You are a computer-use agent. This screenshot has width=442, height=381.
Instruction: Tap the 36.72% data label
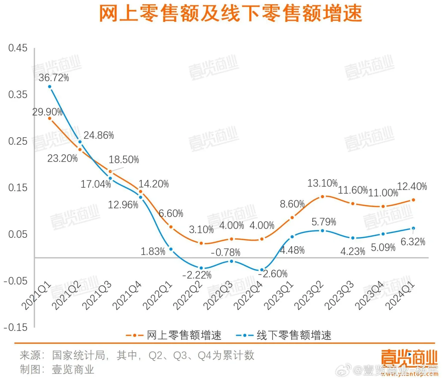pyautogui.click(x=54, y=78)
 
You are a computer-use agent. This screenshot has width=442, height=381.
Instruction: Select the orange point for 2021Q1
pyautogui.click(x=50, y=119)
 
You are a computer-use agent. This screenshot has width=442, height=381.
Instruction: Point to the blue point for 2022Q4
pyautogui.click(x=262, y=270)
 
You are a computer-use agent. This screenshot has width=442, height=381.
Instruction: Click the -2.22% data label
pyautogui.click(x=197, y=275)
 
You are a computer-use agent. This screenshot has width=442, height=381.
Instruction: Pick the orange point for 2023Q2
pyautogui.click(x=322, y=196)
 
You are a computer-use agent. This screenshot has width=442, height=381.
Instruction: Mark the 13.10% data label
pyautogui.click(x=322, y=183)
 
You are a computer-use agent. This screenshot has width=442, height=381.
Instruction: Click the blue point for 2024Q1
pyautogui.click(x=413, y=228)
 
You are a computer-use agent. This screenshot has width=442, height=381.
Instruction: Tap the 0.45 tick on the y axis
pyautogui.click(x=18, y=48)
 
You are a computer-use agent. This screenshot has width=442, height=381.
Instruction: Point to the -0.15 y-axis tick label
pyautogui.click(x=16, y=327)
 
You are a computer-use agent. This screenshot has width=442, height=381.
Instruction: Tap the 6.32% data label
pyautogui.click(x=413, y=242)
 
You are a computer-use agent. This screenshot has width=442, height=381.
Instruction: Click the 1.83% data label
pyautogui.click(x=153, y=252)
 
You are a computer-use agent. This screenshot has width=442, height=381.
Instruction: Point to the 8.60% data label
pyautogui.click(x=292, y=204)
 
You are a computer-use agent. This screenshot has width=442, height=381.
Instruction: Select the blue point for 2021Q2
pyautogui.click(x=80, y=142)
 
